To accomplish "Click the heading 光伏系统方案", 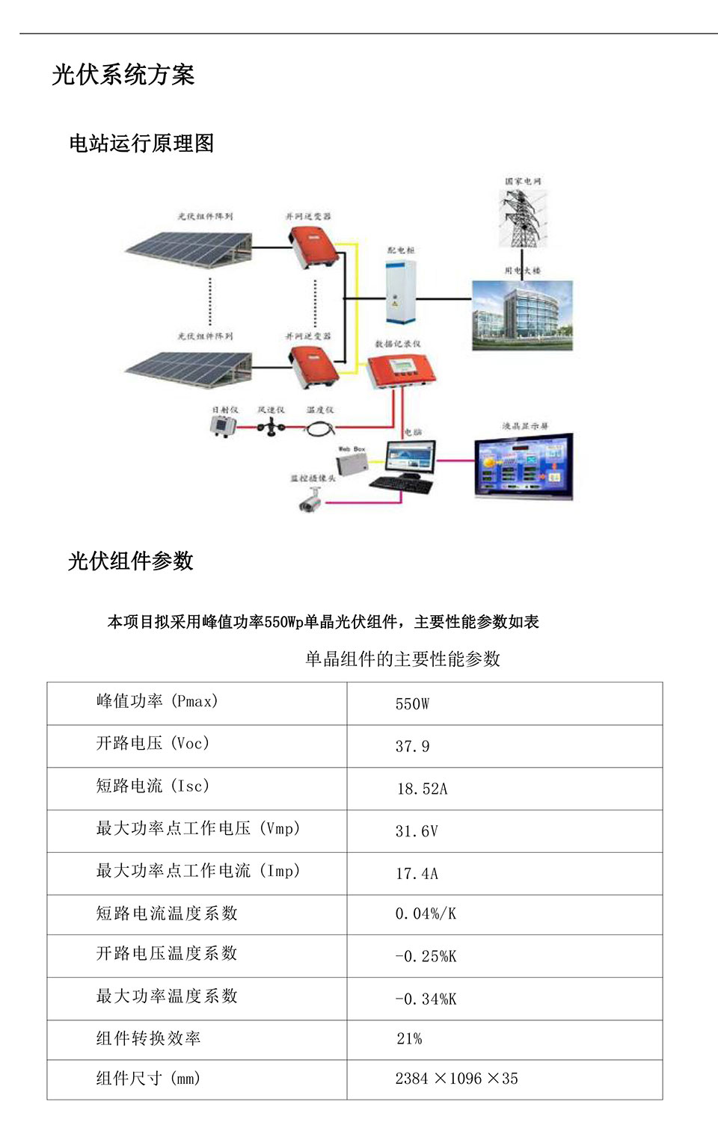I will [123, 75].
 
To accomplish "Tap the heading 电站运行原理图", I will [141, 143].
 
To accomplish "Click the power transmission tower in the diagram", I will [522, 218].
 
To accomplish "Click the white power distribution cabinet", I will [400, 292].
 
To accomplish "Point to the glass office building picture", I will [522, 315].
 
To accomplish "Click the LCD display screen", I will [524, 466].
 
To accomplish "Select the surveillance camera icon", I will [309, 500].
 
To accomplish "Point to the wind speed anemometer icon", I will [271, 427].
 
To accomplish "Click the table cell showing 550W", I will [412, 704].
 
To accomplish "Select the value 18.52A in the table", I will [422, 789].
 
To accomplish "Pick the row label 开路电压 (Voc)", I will [153, 744].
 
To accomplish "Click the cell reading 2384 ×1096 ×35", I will [456, 1079].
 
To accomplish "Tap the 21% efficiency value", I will [409, 1039].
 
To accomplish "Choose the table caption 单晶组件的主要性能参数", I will [402, 659].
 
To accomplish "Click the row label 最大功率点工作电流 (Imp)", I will [198, 871].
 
